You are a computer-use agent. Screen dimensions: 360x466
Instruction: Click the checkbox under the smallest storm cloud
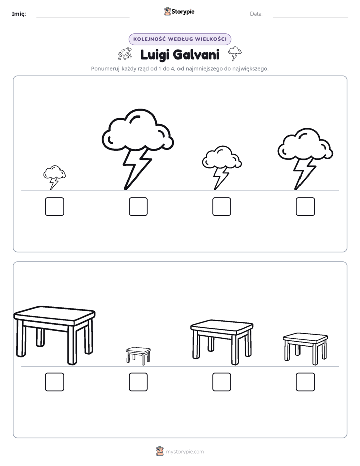[54, 207]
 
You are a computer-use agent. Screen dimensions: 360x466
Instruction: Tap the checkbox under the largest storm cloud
[138, 207]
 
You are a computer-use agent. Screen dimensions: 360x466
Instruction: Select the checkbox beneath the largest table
[54, 382]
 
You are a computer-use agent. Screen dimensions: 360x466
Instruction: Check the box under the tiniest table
[138, 382]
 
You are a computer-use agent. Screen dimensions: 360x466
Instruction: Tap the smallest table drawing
[138, 356]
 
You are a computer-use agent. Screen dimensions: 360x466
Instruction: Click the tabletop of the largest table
[54, 314]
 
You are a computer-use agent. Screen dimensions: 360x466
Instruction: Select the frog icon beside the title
[125, 53]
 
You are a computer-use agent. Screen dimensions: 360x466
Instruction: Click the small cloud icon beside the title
[234, 53]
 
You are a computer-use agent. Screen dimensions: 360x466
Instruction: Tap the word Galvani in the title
[196, 54]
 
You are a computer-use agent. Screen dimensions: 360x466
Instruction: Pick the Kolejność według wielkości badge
[179, 39]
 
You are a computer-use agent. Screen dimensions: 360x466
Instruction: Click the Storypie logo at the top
[179, 12]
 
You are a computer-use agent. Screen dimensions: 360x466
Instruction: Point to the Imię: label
[19, 14]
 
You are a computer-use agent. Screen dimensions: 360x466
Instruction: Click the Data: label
[256, 14]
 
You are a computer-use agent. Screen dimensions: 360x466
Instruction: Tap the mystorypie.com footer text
[185, 452]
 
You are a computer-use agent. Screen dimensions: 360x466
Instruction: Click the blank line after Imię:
[83, 17]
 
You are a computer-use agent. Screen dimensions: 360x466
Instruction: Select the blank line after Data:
[311, 17]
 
